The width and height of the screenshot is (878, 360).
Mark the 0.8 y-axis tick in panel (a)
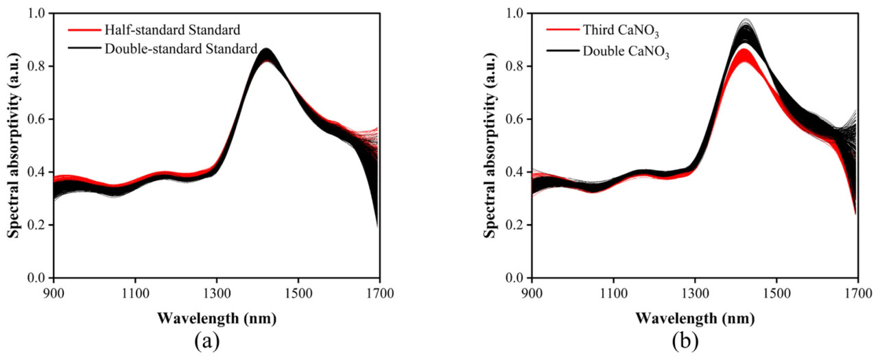pos(35,67)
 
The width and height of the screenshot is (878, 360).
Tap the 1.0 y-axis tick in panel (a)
pos(35,14)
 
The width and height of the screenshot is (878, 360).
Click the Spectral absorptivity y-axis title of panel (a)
pos(13,145)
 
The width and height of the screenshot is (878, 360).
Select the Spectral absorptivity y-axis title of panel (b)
pos(490,145)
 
